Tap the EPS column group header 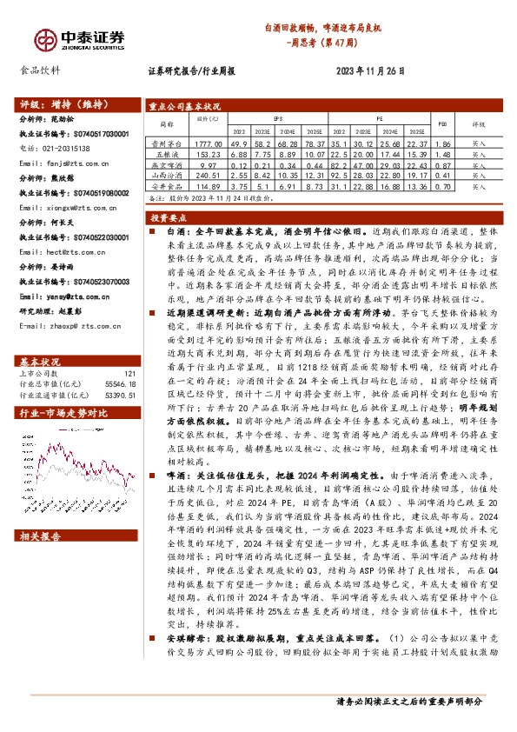click(x=278, y=116)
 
